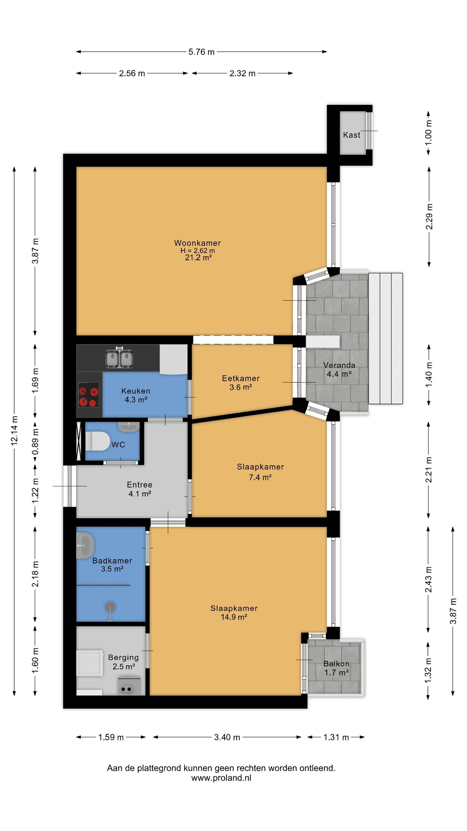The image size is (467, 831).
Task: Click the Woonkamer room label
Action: (197, 243)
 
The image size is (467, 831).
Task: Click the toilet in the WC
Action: (98, 441)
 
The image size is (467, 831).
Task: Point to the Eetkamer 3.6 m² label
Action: (241, 383)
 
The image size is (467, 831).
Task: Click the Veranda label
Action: (339, 365)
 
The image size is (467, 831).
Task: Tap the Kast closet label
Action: (351, 135)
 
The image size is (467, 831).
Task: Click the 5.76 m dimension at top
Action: (201, 52)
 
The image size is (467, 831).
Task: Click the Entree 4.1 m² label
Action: (139, 489)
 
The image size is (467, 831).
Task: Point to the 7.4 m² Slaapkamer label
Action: (260, 472)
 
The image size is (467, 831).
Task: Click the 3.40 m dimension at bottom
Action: (227, 737)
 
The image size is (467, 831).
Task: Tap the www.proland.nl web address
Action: (221, 778)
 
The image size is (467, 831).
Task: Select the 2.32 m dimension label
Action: (242, 73)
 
